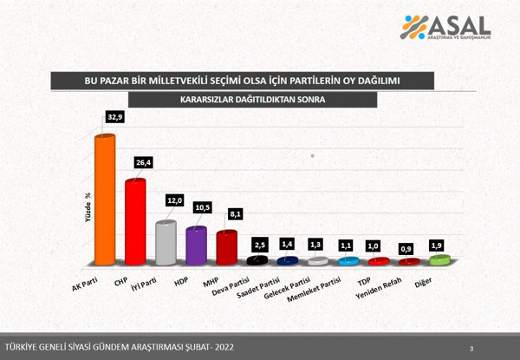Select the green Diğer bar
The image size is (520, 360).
(x=439, y=259)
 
